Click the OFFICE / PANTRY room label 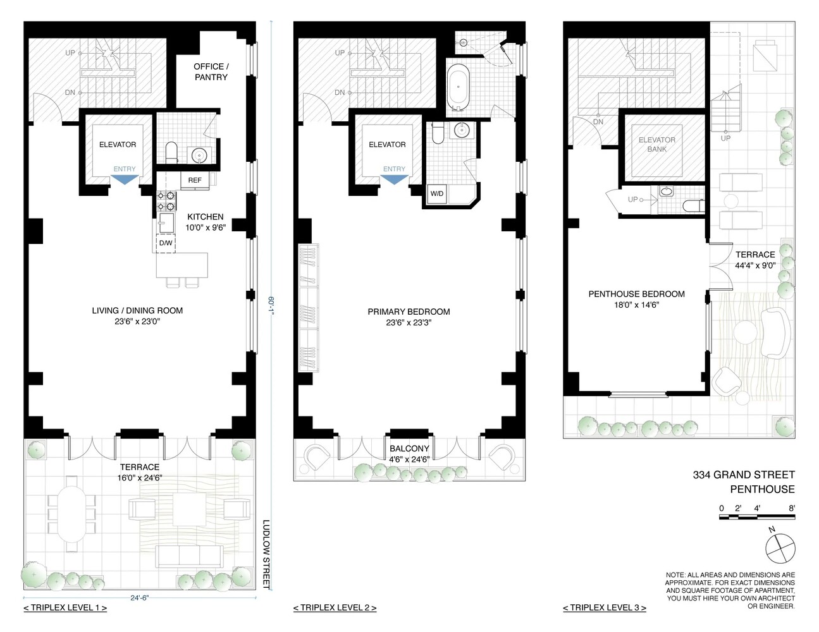pyautogui.click(x=211, y=71)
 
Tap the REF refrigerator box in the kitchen pyautogui.click(x=194, y=181)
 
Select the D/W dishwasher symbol pyautogui.click(x=166, y=243)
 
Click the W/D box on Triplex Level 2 pyautogui.click(x=436, y=194)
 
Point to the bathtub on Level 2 pyautogui.click(x=458, y=88)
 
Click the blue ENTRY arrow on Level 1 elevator pyautogui.click(x=124, y=179)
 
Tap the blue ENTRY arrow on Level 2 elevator pyautogui.click(x=394, y=179)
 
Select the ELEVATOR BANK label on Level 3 pyautogui.click(x=656, y=145)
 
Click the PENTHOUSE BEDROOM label pyautogui.click(x=636, y=294)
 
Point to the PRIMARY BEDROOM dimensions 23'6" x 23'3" pyautogui.click(x=409, y=323)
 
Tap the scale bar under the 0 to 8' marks pyautogui.click(x=757, y=518)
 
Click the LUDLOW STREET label pyautogui.click(x=266, y=554)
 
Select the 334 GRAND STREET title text pyautogui.click(x=743, y=475)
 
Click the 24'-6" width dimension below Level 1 pyautogui.click(x=140, y=595)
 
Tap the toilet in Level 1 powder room pyautogui.click(x=170, y=151)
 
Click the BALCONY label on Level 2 pyautogui.click(x=409, y=449)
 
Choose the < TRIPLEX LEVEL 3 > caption pyautogui.click(x=604, y=608)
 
